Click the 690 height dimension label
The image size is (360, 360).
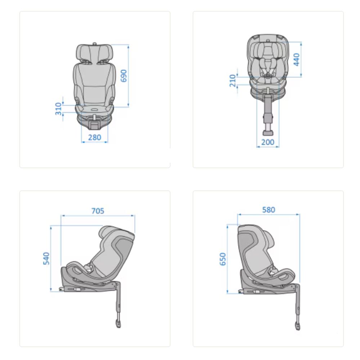pyautogui.click(x=123, y=76)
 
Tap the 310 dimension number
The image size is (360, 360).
pyautogui.click(x=59, y=109)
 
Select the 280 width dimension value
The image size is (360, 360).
pyautogui.click(x=95, y=137)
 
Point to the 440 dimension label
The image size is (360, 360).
pyautogui.click(x=296, y=59)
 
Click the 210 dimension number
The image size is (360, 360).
pyautogui.click(x=233, y=81)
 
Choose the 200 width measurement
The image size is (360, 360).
pyautogui.click(x=268, y=142)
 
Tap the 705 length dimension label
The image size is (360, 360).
pyautogui.click(x=98, y=211)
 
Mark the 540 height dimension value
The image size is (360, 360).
pyautogui.click(x=46, y=258)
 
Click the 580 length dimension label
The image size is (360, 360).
pyautogui.click(x=269, y=210)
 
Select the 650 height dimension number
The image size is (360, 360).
pyautogui.click(x=223, y=259)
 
